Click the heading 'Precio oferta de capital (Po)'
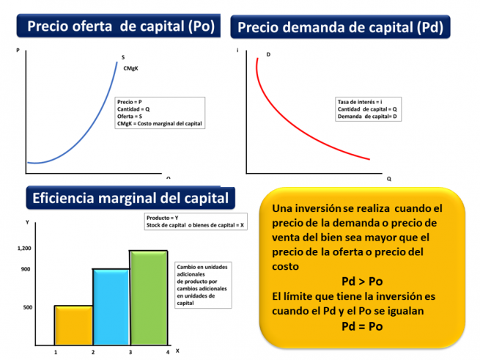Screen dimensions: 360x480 [121, 26]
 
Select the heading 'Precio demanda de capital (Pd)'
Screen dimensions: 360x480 [340, 28]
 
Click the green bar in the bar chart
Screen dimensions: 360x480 [149, 298]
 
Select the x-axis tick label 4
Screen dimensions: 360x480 [167, 353]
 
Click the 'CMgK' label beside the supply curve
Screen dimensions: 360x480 [131, 68]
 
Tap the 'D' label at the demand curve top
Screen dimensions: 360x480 [268, 55]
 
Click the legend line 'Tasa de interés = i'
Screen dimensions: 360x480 [361, 101]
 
